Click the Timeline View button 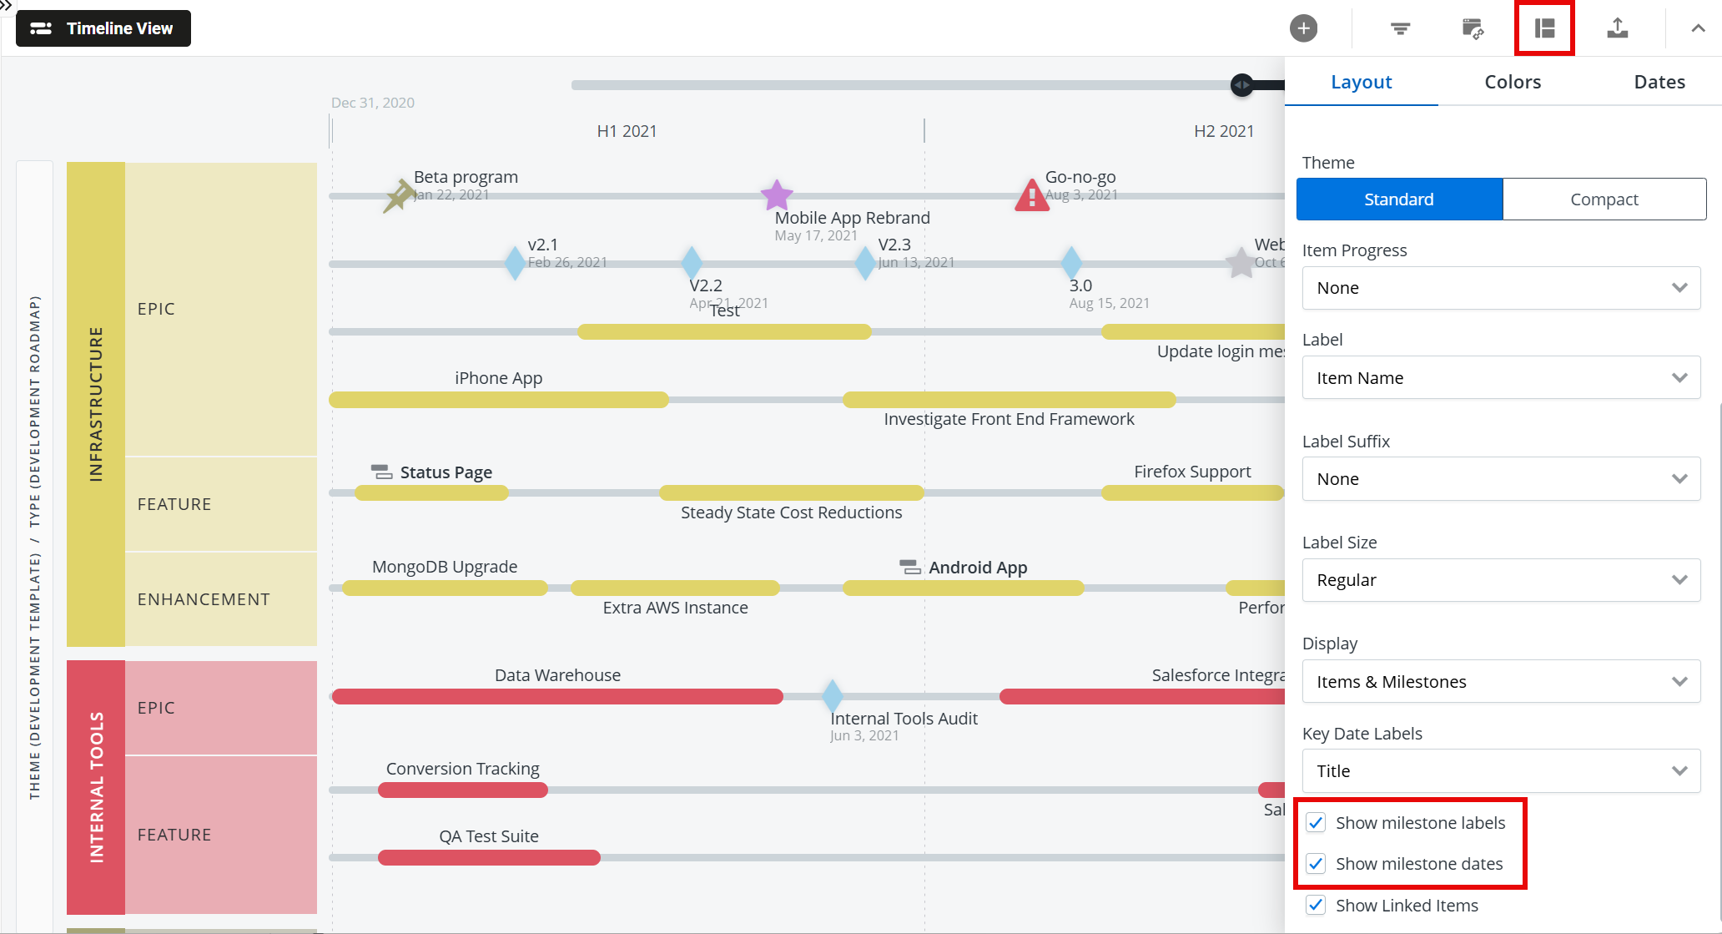tap(103, 28)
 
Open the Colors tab tap(1512, 82)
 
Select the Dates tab tap(1659, 82)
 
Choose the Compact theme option tap(1604, 199)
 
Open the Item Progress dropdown tap(1500, 288)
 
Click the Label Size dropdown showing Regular tap(1500, 580)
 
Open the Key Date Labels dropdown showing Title tap(1500, 771)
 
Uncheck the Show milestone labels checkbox tap(1316, 823)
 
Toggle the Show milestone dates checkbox tap(1316, 864)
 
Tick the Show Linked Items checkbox tap(1316, 906)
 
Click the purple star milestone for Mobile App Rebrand tap(777, 195)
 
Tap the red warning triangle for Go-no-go tap(1032, 196)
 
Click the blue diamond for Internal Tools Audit tap(832, 695)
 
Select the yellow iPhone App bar tap(499, 400)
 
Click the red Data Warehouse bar tap(557, 696)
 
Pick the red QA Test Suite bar tap(489, 857)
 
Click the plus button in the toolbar tap(1303, 28)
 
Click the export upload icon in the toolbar tap(1617, 28)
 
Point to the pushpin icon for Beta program tap(399, 196)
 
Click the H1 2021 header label tap(627, 131)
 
